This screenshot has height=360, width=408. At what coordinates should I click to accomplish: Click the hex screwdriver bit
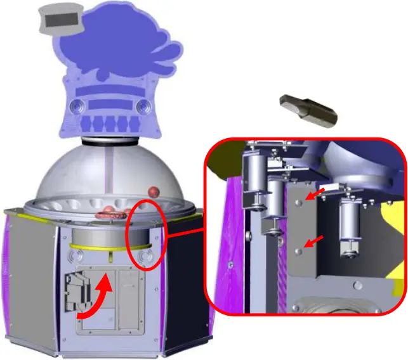pos(309,110)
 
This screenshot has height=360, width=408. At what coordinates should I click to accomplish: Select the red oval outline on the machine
pos(147,235)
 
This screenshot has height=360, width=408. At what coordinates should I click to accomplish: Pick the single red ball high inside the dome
pos(153,191)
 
